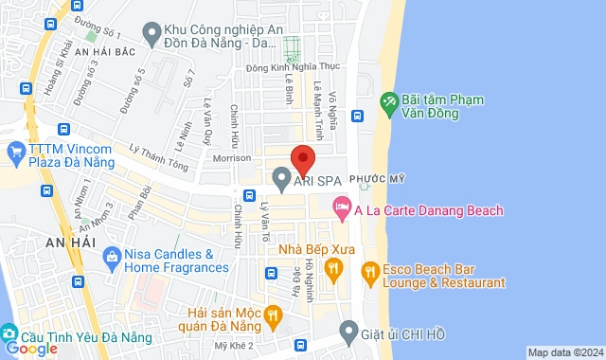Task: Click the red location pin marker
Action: [302, 159]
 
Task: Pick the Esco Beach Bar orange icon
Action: [370, 275]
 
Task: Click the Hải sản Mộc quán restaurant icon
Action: [273, 315]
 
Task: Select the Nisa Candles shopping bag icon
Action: [112, 256]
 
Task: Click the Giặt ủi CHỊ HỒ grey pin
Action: [349, 334]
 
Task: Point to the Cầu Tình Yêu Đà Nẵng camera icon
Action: [9, 334]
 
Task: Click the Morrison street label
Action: [233, 158]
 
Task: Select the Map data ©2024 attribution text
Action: [564, 352]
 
